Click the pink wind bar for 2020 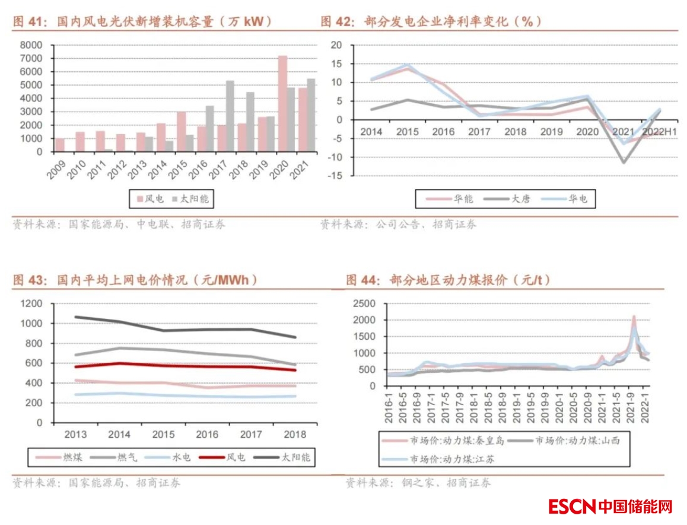tap(283, 104)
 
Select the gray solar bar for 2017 tap(230, 116)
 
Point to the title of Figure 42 tap(431, 21)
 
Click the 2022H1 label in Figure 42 tap(655, 132)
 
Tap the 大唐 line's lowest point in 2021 tap(624, 162)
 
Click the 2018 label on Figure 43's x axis tap(295, 435)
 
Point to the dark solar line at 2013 tap(75, 317)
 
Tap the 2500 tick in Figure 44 tap(364, 303)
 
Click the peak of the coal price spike tap(634, 317)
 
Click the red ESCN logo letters tap(571, 507)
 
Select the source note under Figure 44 tap(418, 483)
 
